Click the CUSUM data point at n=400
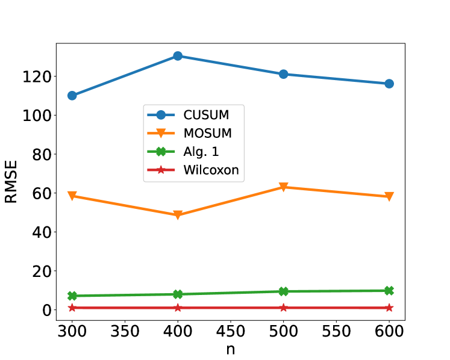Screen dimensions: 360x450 (x=178, y=56)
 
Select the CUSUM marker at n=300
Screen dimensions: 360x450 (x=72, y=96)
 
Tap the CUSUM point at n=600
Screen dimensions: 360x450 (x=389, y=84)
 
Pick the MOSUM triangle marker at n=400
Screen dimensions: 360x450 (x=178, y=215)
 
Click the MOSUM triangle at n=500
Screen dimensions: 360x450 (x=284, y=187)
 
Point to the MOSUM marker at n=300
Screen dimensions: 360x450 (x=72, y=196)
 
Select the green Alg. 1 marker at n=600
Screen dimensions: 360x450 (x=389, y=291)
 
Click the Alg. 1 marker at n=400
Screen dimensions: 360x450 (x=178, y=294)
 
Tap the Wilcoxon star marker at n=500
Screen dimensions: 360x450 (x=284, y=308)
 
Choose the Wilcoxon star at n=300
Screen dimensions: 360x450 (x=72, y=308)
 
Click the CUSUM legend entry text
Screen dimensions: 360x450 (x=206, y=114)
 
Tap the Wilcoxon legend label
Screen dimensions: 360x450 (x=211, y=170)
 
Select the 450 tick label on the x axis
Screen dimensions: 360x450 (x=231, y=331)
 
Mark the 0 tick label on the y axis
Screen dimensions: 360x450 (x=45, y=310)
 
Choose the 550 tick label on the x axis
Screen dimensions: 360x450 (x=336, y=331)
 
